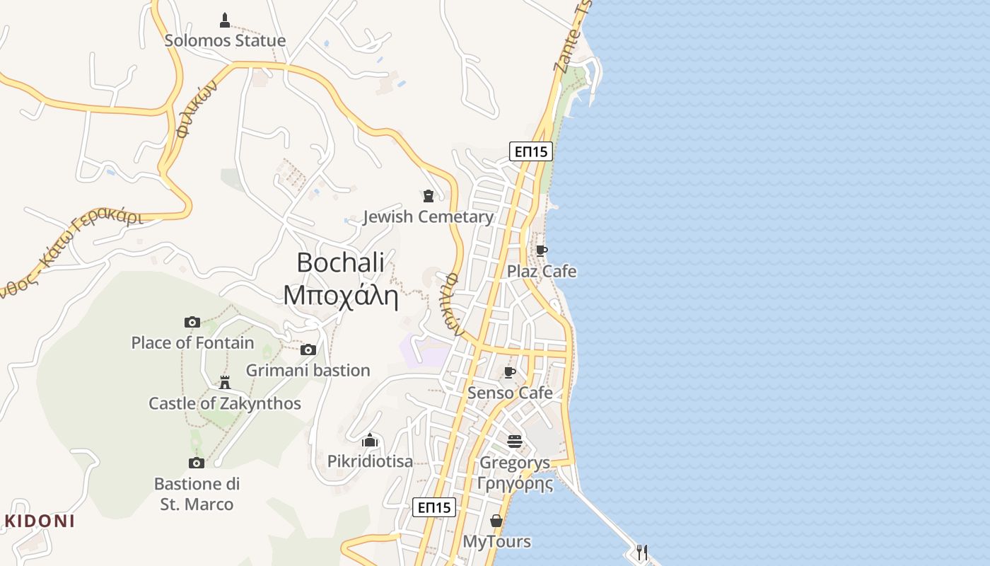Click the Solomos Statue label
pyautogui.click(x=225, y=40)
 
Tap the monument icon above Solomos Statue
pyautogui.click(x=225, y=20)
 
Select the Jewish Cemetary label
pyautogui.click(x=428, y=216)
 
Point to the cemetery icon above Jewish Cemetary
pyautogui.click(x=428, y=195)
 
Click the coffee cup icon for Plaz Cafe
pyautogui.click(x=541, y=250)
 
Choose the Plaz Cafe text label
pyautogui.click(x=542, y=272)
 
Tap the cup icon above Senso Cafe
pyautogui.click(x=509, y=372)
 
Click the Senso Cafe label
pyautogui.click(x=510, y=393)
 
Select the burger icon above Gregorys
pyautogui.click(x=514, y=442)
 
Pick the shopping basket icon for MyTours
pyautogui.click(x=496, y=521)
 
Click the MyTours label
pyautogui.click(x=496, y=542)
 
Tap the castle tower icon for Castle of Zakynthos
pyautogui.click(x=225, y=383)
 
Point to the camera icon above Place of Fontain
pyautogui.click(x=192, y=322)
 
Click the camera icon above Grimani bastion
pyautogui.click(x=308, y=350)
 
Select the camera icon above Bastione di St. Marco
pyautogui.click(x=197, y=463)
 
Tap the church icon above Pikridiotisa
pyautogui.click(x=370, y=441)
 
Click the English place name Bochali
pyautogui.click(x=340, y=262)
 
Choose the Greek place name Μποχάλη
pyautogui.click(x=340, y=295)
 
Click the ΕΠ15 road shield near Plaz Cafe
pyautogui.click(x=530, y=151)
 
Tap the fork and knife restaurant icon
pyautogui.click(x=642, y=552)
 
